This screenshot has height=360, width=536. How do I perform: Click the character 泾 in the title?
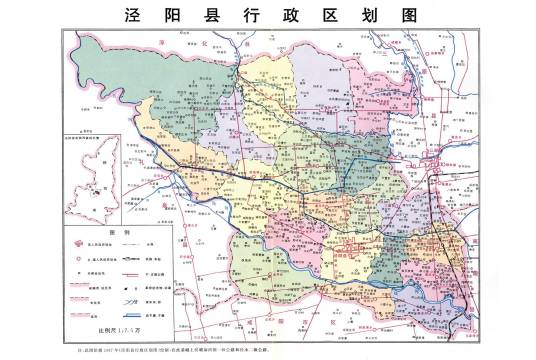point(131,16)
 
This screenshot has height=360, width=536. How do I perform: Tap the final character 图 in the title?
point(404,16)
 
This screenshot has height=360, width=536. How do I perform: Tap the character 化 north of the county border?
point(200,44)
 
